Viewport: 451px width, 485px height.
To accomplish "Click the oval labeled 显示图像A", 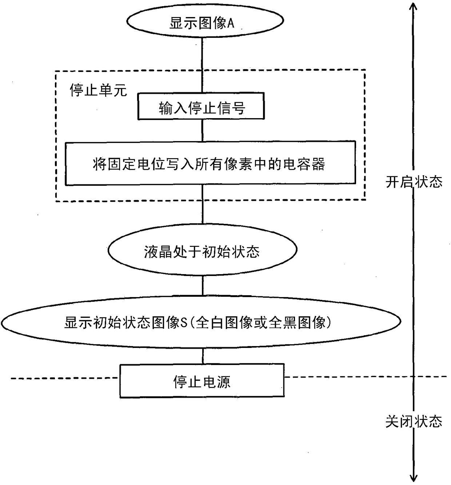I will [x=205, y=20].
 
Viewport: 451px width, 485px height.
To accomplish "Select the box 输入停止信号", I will [x=201, y=107].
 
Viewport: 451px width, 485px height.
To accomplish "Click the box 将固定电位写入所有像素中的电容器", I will [x=210, y=163].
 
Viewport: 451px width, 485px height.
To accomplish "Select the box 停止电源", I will [x=202, y=381].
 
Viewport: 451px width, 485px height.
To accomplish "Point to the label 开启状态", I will [x=414, y=181].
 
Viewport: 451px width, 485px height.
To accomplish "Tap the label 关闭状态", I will [x=414, y=421].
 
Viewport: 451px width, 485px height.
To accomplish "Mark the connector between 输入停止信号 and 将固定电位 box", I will [x=202, y=130].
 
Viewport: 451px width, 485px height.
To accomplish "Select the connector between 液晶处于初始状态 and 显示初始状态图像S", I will [x=202, y=285].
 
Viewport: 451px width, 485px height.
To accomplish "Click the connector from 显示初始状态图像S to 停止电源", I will [x=202, y=356].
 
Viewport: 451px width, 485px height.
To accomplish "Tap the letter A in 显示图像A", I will [x=231, y=23].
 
